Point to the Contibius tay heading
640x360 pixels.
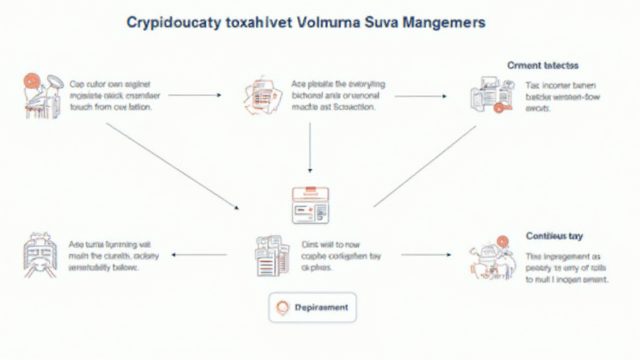tap(554, 236)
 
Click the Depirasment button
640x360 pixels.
tap(312, 307)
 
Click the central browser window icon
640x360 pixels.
tap(311, 204)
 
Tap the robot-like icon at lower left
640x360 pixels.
tap(39, 254)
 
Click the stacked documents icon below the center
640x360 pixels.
tap(272, 254)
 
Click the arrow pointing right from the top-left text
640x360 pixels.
tap(195, 96)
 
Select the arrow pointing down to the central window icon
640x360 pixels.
tap(311, 147)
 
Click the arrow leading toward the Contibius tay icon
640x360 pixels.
tap(425, 255)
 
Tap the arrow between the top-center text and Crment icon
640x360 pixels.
tap(421, 96)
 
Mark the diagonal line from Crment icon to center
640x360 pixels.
tap(425, 166)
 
